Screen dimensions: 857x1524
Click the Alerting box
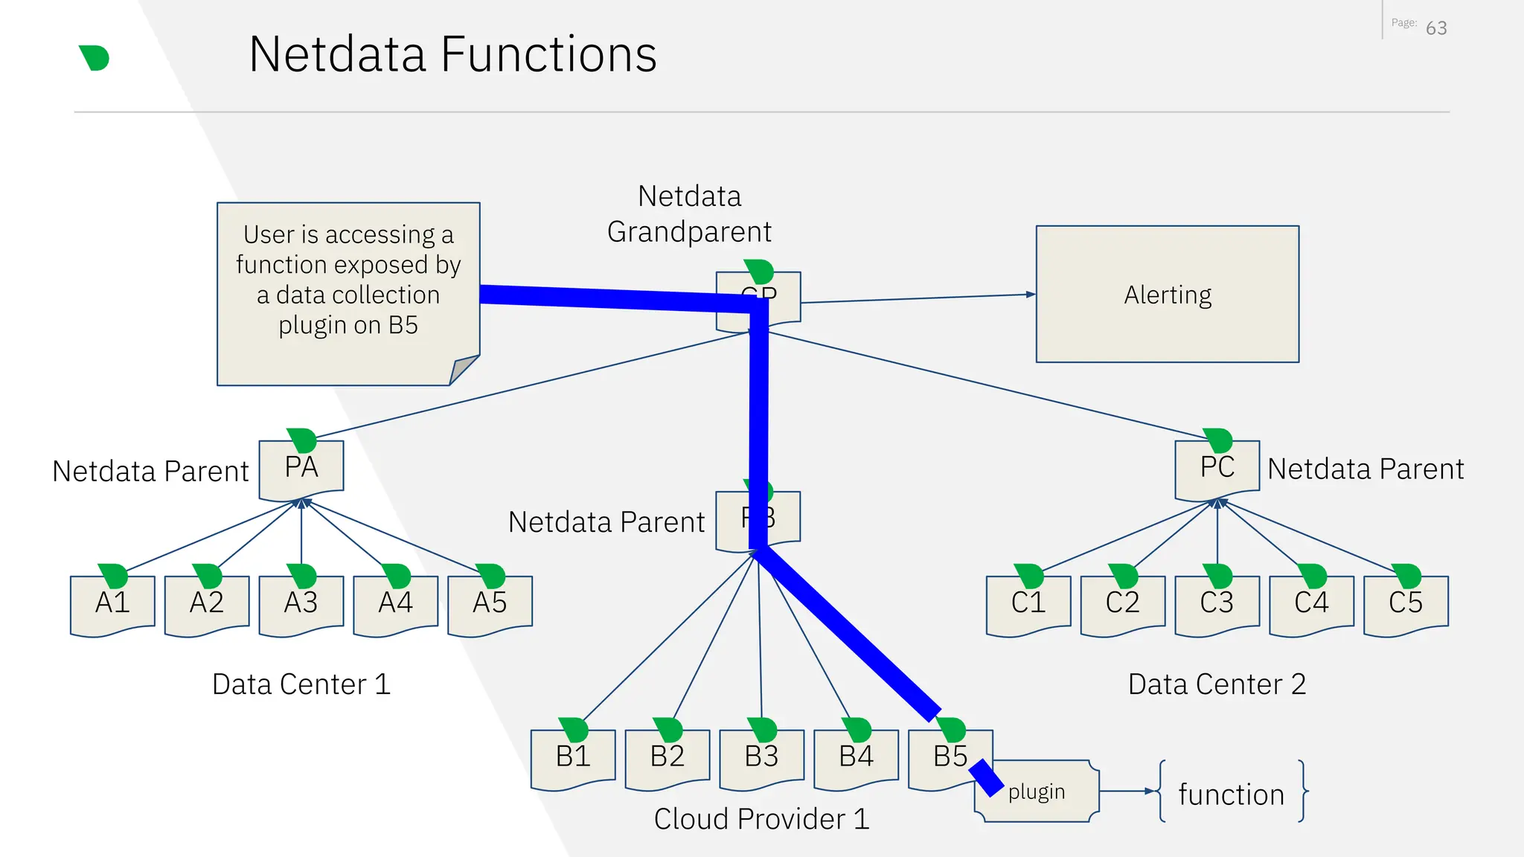click(1167, 295)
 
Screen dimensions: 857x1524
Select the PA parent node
click(301, 469)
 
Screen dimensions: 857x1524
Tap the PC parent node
click(1217, 469)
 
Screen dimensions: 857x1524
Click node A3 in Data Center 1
click(301, 603)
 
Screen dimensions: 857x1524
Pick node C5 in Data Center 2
click(1405, 603)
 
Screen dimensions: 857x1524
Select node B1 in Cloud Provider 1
click(573, 757)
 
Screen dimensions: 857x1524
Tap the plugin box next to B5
click(1042, 792)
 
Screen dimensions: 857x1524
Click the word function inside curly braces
click(1232, 795)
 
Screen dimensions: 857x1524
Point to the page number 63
click(1436, 28)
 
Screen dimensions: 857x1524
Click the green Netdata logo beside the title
click(95, 58)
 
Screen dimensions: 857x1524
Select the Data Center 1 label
click(301, 684)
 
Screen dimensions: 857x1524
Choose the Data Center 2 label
click(1217, 684)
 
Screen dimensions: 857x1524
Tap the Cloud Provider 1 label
click(761, 819)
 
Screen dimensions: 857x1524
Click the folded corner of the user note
click(463, 370)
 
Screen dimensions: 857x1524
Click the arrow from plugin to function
click(1127, 792)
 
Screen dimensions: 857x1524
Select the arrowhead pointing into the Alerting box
click(1031, 295)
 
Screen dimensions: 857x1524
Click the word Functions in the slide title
click(548, 54)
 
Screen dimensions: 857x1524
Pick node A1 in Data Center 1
click(112, 603)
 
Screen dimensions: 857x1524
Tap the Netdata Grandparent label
click(689, 214)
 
